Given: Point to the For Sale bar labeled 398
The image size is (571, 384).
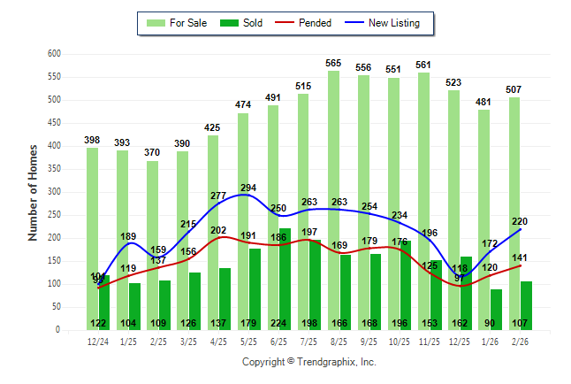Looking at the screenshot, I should click(x=92, y=238).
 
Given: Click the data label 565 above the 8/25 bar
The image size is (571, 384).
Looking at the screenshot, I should click(x=333, y=63).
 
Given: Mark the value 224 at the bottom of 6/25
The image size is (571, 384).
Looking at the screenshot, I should click(x=278, y=323).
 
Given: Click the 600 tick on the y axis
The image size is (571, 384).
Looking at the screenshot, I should click(x=54, y=54).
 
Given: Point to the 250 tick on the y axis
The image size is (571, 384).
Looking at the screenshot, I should click(x=54, y=215).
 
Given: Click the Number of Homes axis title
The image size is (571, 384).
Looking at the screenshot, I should click(x=34, y=192).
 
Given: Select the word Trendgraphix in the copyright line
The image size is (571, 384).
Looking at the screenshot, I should click(x=326, y=362).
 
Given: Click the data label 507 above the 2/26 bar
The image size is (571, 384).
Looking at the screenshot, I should click(x=514, y=89).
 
